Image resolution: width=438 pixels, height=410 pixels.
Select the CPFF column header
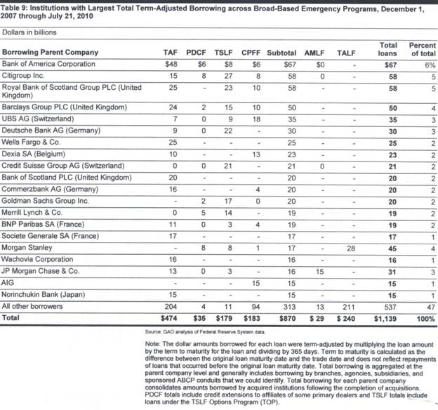251,53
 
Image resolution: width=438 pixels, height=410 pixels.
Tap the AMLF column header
314,53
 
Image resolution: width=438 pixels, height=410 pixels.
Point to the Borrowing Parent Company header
50,53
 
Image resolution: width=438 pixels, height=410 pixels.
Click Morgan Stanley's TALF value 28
351,246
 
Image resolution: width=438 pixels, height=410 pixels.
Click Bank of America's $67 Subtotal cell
285,64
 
